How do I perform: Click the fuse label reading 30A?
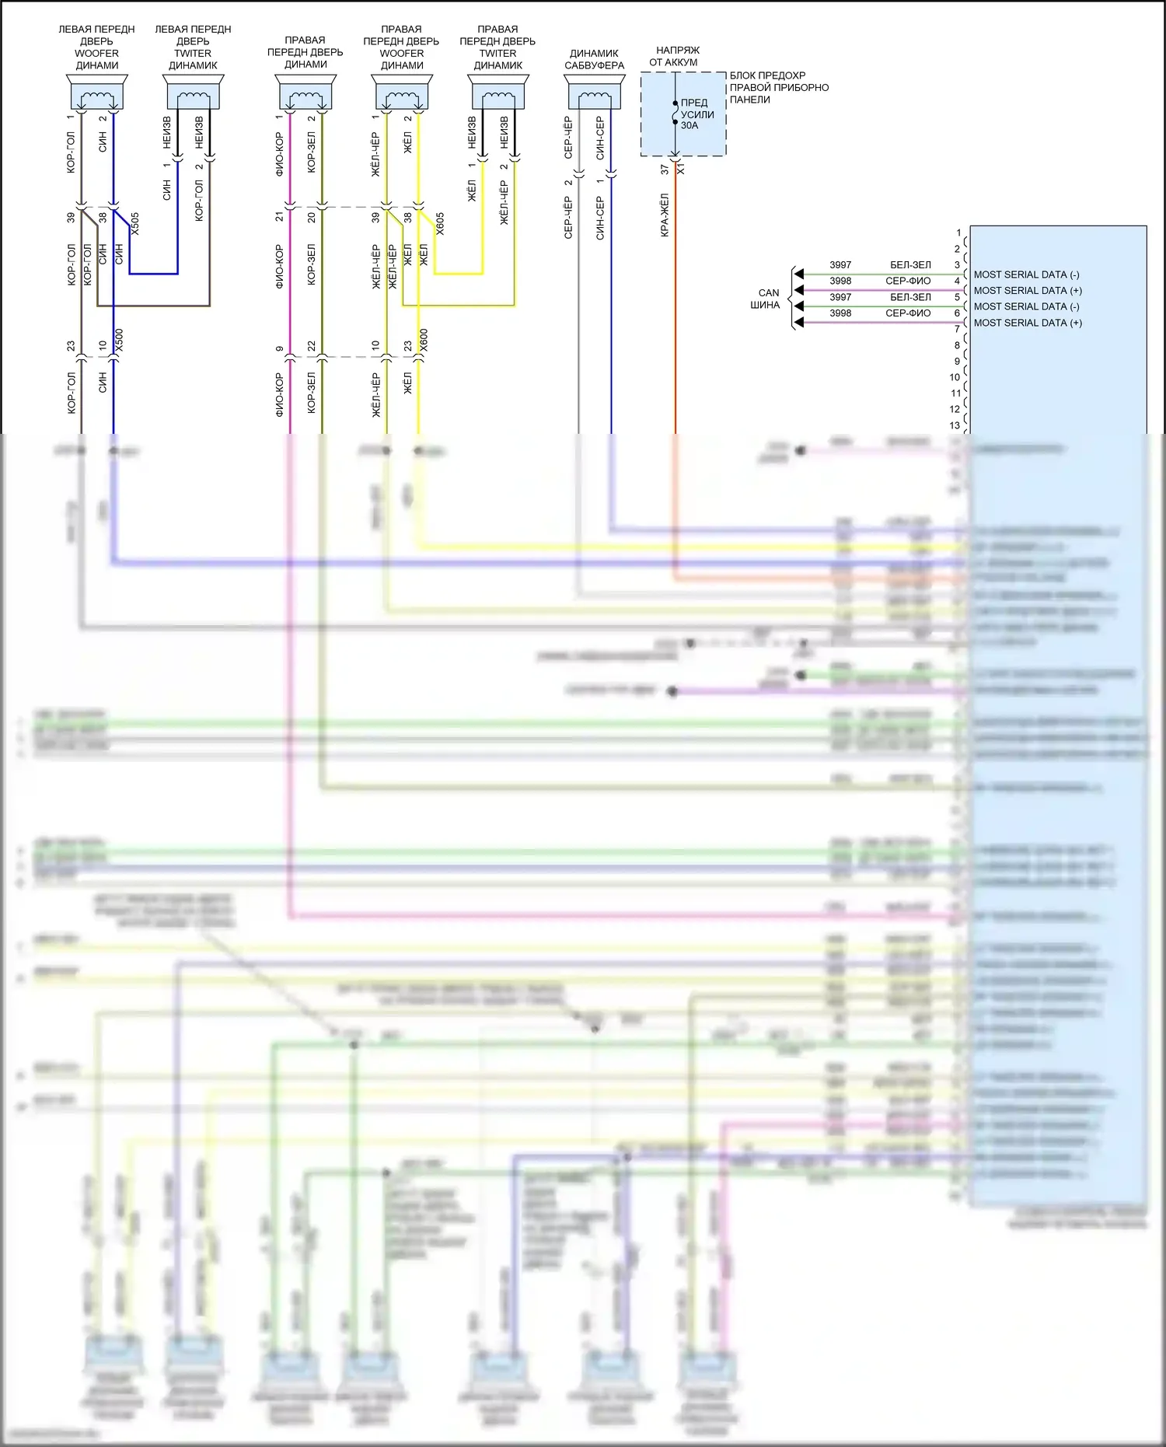pyautogui.click(x=689, y=126)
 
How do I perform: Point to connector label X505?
pyautogui.click(x=135, y=224)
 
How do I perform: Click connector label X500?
pyautogui.click(x=119, y=341)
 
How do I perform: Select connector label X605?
pyautogui.click(x=440, y=224)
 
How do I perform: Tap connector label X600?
pyautogui.click(x=424, y=341)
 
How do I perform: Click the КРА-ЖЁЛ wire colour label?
pyautogui.click(x=665, y=215)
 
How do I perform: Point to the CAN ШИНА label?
pyautogui.click(x=767, y=299)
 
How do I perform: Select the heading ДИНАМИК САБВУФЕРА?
pyautogui.click(x=595, y=59)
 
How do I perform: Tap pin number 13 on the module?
pyautogui.click(x=955, y=425)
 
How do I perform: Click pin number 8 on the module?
pyautogui.click(x=957, y=345)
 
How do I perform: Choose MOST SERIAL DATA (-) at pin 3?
pyautogui.click(x=1026, y=274)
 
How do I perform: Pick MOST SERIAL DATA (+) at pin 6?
pyautogui.click(x=1028, y=323)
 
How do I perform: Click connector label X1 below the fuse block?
pyautogui.click(x=681, y=168)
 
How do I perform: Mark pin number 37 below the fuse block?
pyautogui.click(x=665, y=169)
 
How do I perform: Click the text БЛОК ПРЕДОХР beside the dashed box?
pyautogui.click(x=767, y=75)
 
